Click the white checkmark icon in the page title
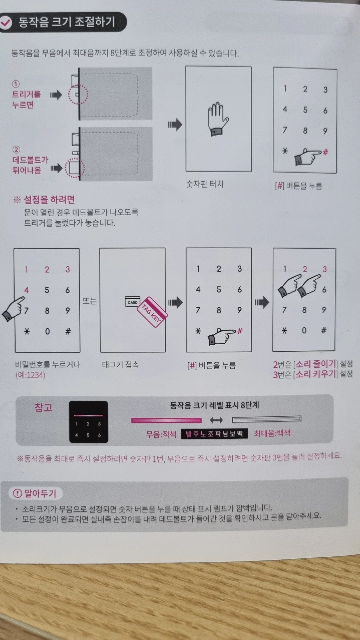(6, 22)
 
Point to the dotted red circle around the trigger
(78, 95)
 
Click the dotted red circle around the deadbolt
(75, 168)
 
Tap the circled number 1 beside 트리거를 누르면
(16, 84)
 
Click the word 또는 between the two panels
(89, 301)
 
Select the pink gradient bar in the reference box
(166, 420)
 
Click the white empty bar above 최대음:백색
(266, 419)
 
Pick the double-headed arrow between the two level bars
(217, 420)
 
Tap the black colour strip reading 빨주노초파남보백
(214, 434)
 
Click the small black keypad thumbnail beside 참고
(88, 422)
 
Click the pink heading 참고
(44, 408)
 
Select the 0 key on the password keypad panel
(47, 331)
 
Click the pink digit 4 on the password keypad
(27, 290)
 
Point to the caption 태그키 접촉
(120, 364)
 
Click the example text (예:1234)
(30, 375)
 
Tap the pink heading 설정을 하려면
(49, 200)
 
